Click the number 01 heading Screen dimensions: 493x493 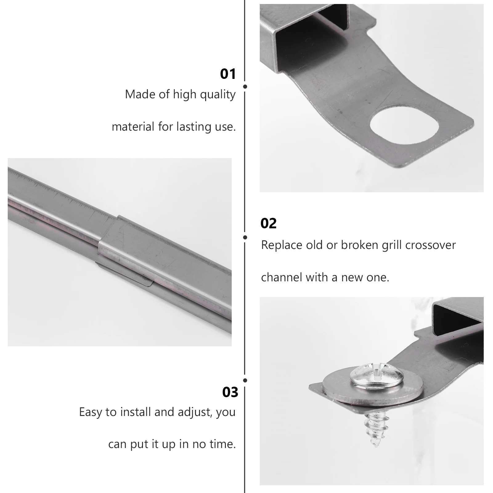(x=228, y=74)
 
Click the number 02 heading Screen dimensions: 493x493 (x=268, y=223)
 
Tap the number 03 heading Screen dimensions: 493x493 (x=230, y=392)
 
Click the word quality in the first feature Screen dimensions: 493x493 (x=218, y=95)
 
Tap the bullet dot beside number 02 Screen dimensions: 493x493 (x=245, y=237)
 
